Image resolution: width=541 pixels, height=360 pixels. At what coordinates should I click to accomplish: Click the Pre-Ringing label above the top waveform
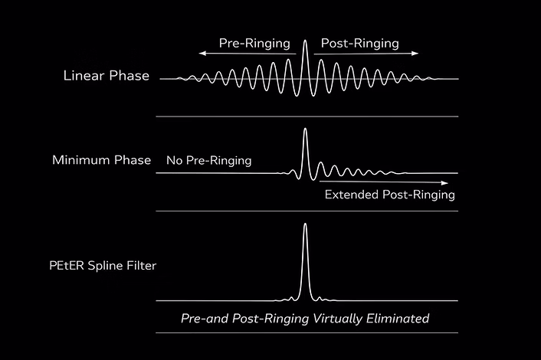point(254,44)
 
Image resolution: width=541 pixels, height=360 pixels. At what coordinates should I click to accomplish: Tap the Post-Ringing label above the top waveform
point(360,44)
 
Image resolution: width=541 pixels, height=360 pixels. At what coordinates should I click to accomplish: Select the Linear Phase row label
point(107,76)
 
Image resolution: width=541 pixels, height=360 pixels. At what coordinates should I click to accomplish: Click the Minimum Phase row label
point(101,160)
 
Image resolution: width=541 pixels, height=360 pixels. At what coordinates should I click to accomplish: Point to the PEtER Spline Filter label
point(103,266)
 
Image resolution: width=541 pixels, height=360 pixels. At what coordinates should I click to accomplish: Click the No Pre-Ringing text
point(208,161)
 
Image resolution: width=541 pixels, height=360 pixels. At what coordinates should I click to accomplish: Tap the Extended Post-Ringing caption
point(390,195)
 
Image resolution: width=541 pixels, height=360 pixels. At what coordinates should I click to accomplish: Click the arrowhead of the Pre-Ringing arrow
point(202,53)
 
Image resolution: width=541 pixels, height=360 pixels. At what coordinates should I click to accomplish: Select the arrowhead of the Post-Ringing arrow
point(415,53)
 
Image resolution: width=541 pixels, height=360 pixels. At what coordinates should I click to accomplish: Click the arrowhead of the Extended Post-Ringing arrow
point(444,183)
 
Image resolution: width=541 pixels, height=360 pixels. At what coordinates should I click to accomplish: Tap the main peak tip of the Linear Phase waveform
point(305,41)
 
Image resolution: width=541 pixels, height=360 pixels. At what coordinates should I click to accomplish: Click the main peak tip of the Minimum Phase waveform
point(305,129)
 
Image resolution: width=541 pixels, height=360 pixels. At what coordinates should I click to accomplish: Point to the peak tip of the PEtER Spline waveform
point(305,224)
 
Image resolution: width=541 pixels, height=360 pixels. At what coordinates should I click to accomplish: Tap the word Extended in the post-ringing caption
point(352,195)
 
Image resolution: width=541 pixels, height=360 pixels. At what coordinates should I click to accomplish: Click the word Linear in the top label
point(84,76)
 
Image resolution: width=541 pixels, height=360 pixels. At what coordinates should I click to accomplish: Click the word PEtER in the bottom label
point(67,266)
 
